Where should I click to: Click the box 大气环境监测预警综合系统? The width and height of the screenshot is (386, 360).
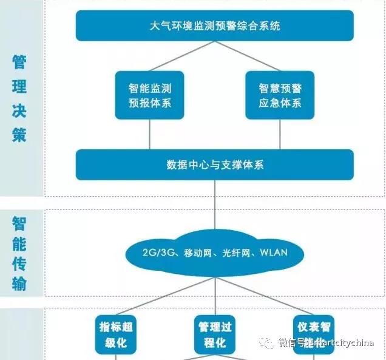click(x=215, y=26)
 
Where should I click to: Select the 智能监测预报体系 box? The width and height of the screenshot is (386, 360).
click(x=150, y=95)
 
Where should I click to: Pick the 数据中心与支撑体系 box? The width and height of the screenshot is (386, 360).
click(x=215, y=165)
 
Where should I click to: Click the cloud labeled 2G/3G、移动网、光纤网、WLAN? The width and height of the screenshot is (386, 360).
click(x=215, y=253)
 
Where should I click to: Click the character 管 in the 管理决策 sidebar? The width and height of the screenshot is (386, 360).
click(x=19, y=63)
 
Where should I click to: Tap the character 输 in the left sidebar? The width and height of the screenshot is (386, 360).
click(x=19, y=283)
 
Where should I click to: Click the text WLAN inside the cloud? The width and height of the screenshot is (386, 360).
click(x=273, y=253)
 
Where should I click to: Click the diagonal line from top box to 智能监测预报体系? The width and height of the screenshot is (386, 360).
click(x=182, y=56)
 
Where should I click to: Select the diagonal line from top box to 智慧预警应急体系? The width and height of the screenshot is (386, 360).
click(x=246, y=56)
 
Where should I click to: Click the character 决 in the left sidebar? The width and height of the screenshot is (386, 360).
click(x=19, y=111)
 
